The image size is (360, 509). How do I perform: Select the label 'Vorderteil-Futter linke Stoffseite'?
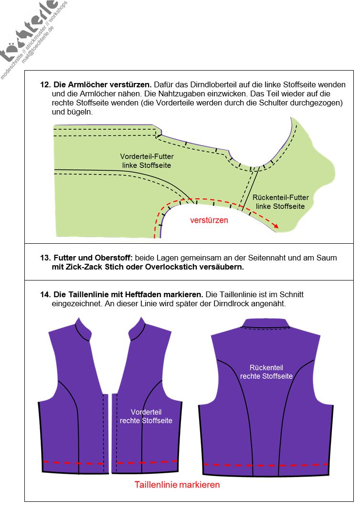tap(147, 160)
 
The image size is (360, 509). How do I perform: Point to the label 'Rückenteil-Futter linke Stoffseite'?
tap(280, 201)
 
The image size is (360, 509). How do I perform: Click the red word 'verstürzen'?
tap(209, 220)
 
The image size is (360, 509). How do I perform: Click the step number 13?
tap(45, 258)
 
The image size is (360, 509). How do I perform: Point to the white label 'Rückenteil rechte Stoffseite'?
tap(266, 372)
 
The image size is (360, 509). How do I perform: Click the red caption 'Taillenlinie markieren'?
tap(177, 485)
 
